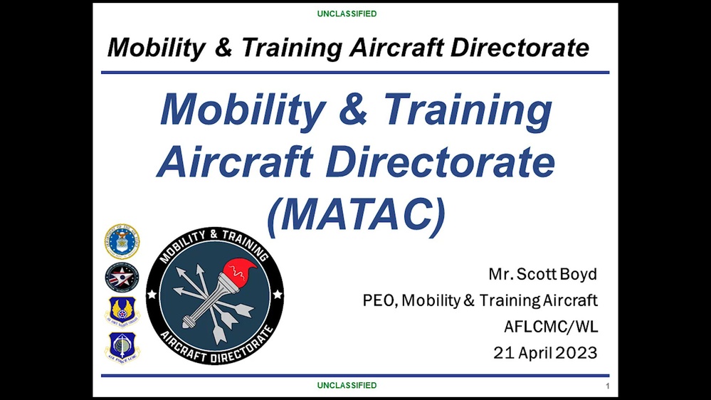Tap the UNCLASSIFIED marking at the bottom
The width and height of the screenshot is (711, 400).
347,385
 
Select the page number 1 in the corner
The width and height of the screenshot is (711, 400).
607,386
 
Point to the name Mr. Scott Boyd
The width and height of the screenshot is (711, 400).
542,274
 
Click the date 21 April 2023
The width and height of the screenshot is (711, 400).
545,352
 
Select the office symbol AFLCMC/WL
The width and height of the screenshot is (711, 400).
550,327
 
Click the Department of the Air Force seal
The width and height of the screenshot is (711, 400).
122,242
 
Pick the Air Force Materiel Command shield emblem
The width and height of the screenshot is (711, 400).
122,311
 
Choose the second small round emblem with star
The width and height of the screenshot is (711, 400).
122,277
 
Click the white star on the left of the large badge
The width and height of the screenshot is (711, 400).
151,295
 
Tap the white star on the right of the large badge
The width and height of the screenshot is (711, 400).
278,295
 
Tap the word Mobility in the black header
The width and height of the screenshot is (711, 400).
152,48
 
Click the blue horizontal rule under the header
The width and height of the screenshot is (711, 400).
355,72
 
